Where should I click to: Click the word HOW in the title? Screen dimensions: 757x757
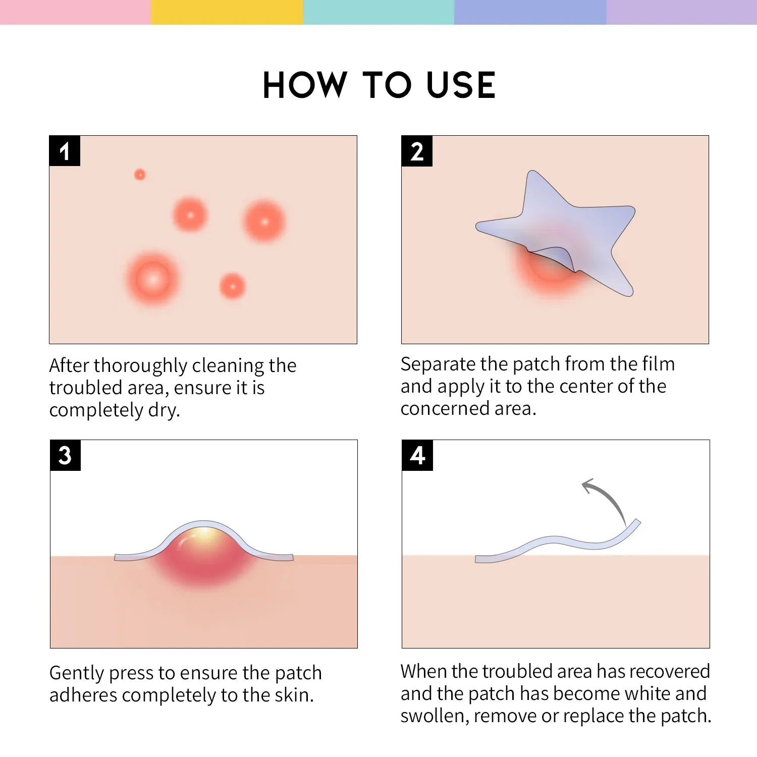coord(305,85)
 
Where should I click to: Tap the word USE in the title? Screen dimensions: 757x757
coord(461,85)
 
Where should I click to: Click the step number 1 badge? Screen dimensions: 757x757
coord(65,151)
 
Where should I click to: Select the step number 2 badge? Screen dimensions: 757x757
coord(417,151)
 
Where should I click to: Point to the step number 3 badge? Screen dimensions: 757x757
coord(65,455)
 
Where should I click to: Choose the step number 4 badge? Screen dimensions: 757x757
coord(417,455)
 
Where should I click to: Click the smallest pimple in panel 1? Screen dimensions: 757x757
coord(140,175)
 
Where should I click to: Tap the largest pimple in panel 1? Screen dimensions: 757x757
coord(152,279)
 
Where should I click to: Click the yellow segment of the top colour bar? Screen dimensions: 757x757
coord(227,12)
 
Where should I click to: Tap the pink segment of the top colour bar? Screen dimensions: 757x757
coord(76,12)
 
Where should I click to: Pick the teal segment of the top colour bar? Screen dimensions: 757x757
coord(379,12)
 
